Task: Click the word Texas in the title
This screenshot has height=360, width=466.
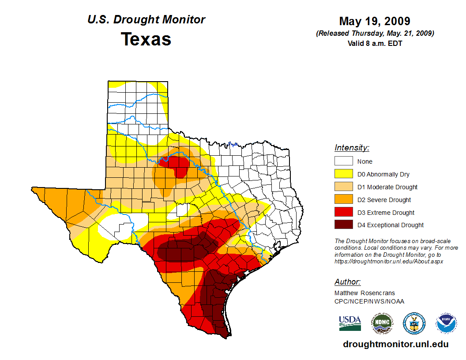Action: [146, 39]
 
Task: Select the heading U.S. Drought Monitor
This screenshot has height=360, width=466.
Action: [146, 20]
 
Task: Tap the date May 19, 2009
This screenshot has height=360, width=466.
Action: [375, 21]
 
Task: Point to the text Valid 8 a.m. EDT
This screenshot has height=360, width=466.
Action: [375, 43]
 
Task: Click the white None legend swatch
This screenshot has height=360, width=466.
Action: [343, 161]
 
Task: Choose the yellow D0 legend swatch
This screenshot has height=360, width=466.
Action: [343, 174]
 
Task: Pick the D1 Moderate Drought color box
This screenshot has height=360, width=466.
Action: [343, 187]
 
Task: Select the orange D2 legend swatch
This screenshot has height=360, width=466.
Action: [343, 200]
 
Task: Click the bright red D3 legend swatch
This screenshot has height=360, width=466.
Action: [343, 213]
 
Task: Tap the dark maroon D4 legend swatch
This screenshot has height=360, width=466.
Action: [343, 225]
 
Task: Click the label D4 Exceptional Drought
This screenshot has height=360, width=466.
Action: [391, 225]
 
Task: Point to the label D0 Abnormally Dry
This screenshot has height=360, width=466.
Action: [384, 174]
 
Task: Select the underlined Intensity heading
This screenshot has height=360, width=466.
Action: [352, 148]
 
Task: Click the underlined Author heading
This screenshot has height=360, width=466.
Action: [347, 282]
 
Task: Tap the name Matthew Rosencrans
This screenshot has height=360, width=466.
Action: [365, 293]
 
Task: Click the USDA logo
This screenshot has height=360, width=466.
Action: [350, 323]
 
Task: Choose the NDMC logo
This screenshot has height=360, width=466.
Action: [382, 323]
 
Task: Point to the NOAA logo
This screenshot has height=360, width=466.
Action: [446, 323]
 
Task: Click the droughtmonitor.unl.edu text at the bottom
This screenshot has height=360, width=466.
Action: [396, 345]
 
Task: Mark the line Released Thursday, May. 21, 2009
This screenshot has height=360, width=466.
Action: [375, 34]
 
